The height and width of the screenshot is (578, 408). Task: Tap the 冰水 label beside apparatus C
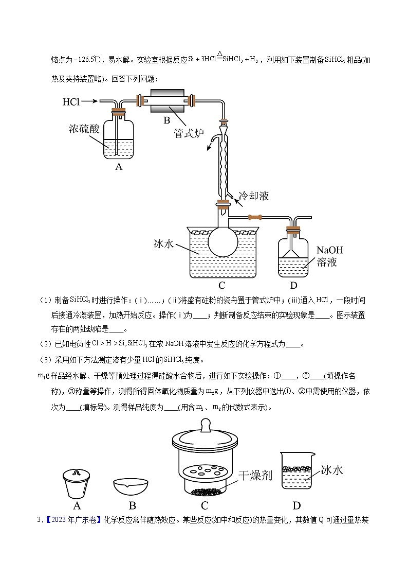click(x=164, y=243)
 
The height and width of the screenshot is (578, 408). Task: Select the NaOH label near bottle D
click(x=329, y=251)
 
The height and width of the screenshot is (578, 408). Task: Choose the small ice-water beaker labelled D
click(x=296, y=471)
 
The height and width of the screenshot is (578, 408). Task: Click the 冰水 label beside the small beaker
click(x=331, y=469)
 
